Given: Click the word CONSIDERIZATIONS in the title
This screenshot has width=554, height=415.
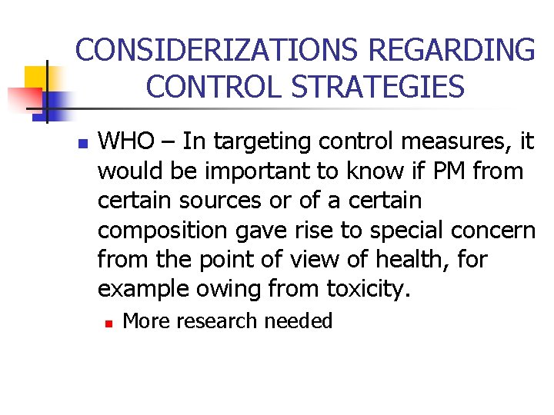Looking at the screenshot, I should point(218,51).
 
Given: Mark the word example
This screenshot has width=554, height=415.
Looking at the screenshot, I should point(142,290).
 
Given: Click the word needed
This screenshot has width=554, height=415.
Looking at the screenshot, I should point(299,320).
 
